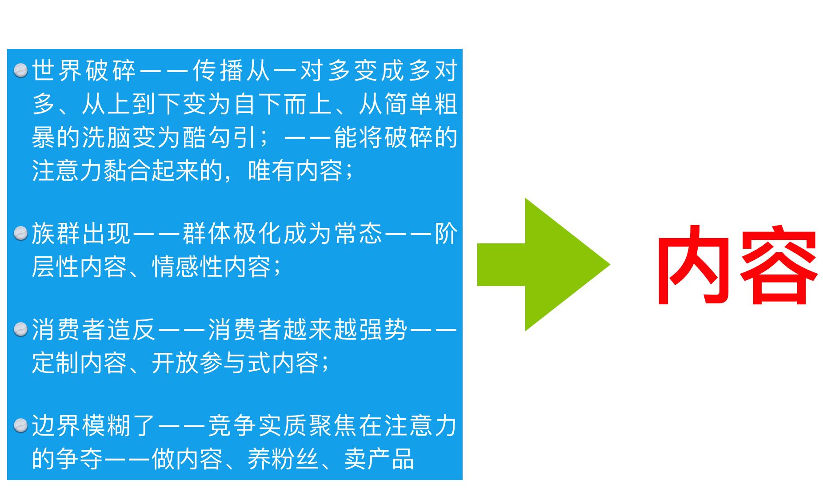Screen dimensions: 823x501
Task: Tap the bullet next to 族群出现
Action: coord(20,234)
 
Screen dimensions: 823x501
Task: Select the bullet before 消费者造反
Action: coord(20,330)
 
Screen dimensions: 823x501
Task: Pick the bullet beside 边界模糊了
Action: coord(20,426)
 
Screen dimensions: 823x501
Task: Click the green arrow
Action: coord(542,264)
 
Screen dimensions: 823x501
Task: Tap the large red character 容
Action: coord(778,266)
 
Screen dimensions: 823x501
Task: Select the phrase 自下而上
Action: coord(283,104)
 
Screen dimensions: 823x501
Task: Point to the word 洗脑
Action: coord(107,137)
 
